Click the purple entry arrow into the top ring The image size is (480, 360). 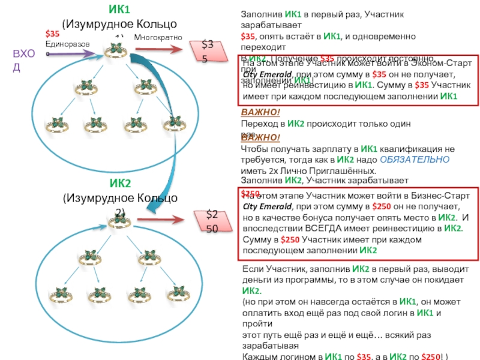tap(72, 54)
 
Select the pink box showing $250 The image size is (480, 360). tap(214, 220)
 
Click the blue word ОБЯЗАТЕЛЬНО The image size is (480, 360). tap(413, 160)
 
